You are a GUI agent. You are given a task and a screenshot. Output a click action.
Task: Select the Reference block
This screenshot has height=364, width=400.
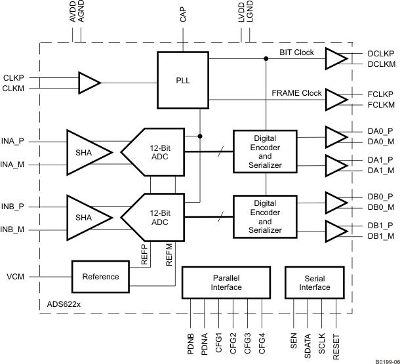click(101, 277)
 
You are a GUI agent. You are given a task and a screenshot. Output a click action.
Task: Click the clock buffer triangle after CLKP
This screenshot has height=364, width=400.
click(89, 83)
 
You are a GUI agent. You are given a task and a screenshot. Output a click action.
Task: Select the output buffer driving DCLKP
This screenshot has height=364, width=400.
click(335, 58)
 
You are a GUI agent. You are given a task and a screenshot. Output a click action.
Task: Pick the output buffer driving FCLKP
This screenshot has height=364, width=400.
click(335, 100)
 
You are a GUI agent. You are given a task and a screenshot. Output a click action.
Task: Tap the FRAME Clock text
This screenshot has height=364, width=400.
click(296, 93)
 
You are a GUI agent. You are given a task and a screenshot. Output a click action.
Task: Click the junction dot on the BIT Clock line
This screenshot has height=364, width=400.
click(266, 59)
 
